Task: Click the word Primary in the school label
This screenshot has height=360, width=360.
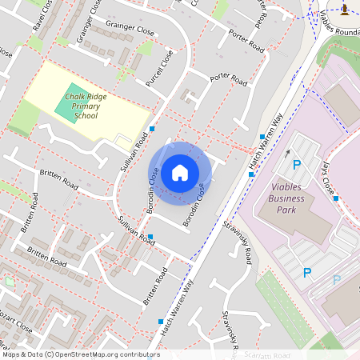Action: click(81, 106)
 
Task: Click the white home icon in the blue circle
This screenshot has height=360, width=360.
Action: click(179, 172)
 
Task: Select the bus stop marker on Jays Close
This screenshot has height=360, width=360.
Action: click(337, 198)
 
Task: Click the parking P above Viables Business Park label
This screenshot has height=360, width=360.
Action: click(296, 165)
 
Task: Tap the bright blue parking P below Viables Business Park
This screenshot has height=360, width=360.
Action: click(306, 273)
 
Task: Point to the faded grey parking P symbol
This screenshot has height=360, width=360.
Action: click(337, 280)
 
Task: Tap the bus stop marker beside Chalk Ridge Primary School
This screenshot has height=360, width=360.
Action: click(152, 129)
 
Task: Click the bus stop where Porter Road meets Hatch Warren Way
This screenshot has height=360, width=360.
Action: click(262, 138)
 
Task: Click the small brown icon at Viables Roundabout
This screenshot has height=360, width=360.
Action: click(345, 10)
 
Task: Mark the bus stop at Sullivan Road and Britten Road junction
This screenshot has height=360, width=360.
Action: click(150, 237)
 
